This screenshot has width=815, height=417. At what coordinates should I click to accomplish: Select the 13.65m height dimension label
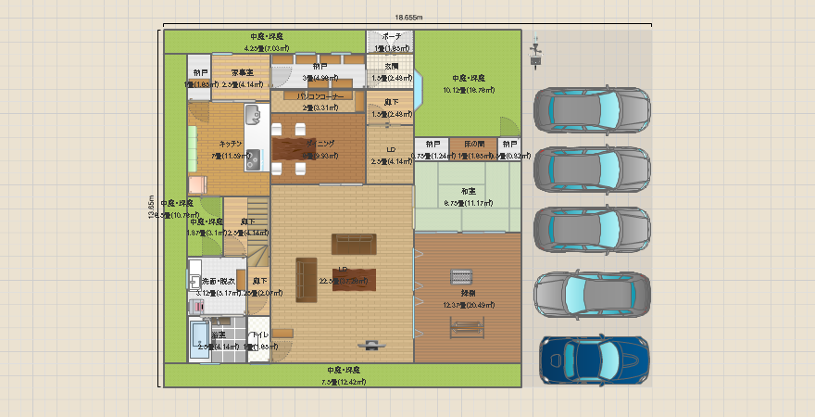(x=151, y=208)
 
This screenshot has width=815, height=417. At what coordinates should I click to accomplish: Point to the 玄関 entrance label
(x=391, y=67)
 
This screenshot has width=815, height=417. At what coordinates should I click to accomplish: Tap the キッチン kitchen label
(x=231, y=144)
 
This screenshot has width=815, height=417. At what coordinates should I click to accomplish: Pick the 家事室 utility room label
(x=242, y=72)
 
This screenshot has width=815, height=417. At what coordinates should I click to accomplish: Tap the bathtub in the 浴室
(x=200, y=339)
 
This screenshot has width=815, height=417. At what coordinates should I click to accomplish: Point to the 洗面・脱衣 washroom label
(x=219, y=281)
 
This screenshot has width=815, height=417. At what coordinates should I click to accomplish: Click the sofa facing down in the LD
(x=354, y=244)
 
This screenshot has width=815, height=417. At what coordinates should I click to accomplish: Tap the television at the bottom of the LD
(x=371, y=345)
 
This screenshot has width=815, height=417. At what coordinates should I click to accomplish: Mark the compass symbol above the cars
(x=535, y=51)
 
